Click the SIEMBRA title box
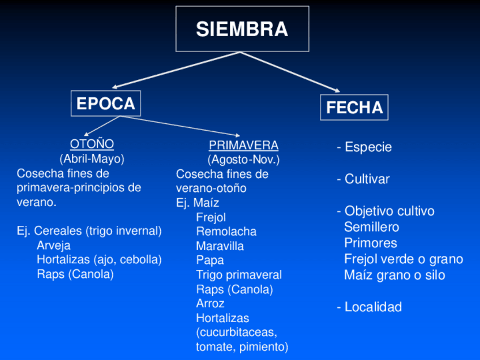tap(242, 29)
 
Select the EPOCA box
tap(106, 104)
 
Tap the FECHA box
tap(354, 107)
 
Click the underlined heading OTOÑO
tap(92, 144)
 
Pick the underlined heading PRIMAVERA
tap(243, 145)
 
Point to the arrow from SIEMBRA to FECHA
tap(292, 72)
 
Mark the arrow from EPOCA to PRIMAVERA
tap(170, 124)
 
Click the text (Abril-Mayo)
tap(92, 158)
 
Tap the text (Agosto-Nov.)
tap(243, 160)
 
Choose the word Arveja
tap(54, 246)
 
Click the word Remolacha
tap(226, 232)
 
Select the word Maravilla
tap(220, 246)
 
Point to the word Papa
tap(210, 260)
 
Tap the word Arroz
tap(210, 303)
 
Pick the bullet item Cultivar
tap(363, 179)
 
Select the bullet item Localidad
tap(369, 307)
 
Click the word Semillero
tap(371, 228)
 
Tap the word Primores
tap(370, 243)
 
